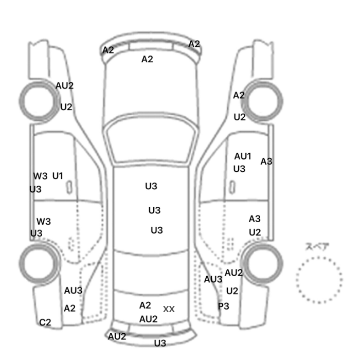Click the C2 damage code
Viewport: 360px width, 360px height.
[45, 322]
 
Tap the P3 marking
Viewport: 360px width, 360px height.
[224, 306]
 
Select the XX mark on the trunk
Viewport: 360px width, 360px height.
[169, 309]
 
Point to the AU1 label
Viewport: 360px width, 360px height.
[243, 156]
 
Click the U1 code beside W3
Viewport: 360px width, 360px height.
[57, 176]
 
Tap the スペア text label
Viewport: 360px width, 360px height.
[317, 246]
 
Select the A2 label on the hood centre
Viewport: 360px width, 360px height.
[147, 59]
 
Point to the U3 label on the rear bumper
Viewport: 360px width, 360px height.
[160, 343]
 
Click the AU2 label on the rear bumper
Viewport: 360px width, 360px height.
[117, 336]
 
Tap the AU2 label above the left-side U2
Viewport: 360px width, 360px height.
[64, 86]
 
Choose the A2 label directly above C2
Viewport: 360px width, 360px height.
[69, 309]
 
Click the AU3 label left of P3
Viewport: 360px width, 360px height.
[213, 279]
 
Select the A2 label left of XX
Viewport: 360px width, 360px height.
[145, 305]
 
